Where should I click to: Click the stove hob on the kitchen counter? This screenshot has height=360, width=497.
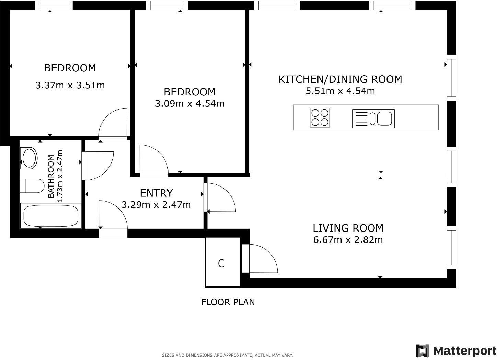click(x=320, y=117)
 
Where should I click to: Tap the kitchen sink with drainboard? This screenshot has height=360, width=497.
click(x=373, y=119)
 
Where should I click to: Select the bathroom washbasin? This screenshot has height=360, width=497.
click(x=29, y=158)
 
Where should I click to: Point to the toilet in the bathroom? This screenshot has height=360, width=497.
click(x=32, y=186)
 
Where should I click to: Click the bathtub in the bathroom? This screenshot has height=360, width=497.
click(x=50, y=216)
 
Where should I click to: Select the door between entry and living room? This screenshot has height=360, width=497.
click(x=220, y=198)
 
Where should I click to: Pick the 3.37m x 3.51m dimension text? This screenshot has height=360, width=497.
click(x=70, y=85)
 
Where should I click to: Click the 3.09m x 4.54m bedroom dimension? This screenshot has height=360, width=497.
click(x=189, y=103)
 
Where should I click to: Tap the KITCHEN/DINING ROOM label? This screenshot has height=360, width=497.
click(x=340, y=79)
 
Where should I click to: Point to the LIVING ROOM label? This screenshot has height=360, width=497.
click(x=348, y=228)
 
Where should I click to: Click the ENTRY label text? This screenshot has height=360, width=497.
click(x=156, y=193)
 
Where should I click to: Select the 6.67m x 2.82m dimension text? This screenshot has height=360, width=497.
click(x=348, y=240)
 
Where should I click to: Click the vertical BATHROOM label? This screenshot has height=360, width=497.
click(x=51, y=176)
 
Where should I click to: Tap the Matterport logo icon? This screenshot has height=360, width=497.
click(x=423, y=350)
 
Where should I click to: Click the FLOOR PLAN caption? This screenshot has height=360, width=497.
click(x=228, y=302)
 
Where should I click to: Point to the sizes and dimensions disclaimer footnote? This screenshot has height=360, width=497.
click(x=227, y=355)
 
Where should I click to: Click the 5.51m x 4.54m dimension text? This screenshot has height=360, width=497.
click(x=340, y=91)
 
